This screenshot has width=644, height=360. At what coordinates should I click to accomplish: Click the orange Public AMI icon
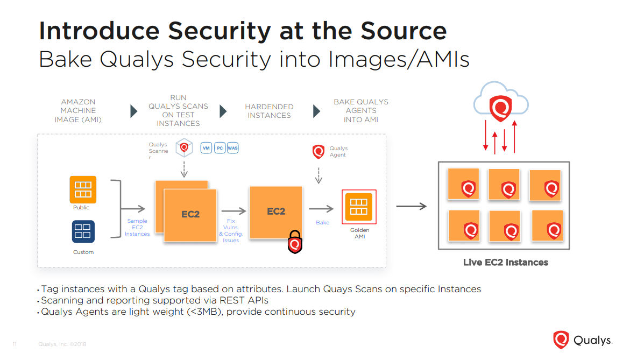pyautogui.click(x=83, y=189)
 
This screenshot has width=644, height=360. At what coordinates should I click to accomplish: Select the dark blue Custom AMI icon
pyautogui.click(x=83, y=231)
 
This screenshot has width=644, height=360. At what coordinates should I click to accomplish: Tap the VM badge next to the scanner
pyautogui.click(x=206, y=148)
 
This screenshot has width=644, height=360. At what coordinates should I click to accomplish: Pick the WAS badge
pyautogui.click(x=232, y=148)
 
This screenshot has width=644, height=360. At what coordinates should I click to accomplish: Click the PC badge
pyautogui.click(x=220, y=148)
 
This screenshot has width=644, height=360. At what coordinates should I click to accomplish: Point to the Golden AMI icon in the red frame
pyautogui.click(x=358, y=207)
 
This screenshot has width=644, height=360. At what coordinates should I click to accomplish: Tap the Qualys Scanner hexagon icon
pyautogui.click(x=184, y=147)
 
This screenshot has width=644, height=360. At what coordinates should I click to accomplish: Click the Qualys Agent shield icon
pyautogui.click(x=319, y=152)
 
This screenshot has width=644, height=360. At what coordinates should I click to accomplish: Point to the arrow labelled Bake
pyautogui.click(x=321, y=209)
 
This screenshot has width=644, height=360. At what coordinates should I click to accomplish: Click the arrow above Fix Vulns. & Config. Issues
pyautogui.click(x=233, y=211)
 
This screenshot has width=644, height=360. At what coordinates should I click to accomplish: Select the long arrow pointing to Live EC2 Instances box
pyautogui.click(x=412, y=206)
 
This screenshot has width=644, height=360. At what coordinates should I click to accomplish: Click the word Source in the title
pyautogui.click(x=404, y=31)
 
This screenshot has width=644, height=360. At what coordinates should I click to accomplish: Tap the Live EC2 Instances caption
pyautogui.click(x=506, y=262)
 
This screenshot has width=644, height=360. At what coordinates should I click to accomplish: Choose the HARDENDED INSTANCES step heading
pyautogui.click(x=269, y=111)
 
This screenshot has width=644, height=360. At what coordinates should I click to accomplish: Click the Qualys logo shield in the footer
pyautogui.click(x=561, y=340)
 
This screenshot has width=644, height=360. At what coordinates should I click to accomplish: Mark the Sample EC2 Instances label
pyautogui.click(x=137, y=227)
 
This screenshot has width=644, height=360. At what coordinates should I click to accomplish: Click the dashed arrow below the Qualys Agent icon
pyautogui.click(x=319, y=175)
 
